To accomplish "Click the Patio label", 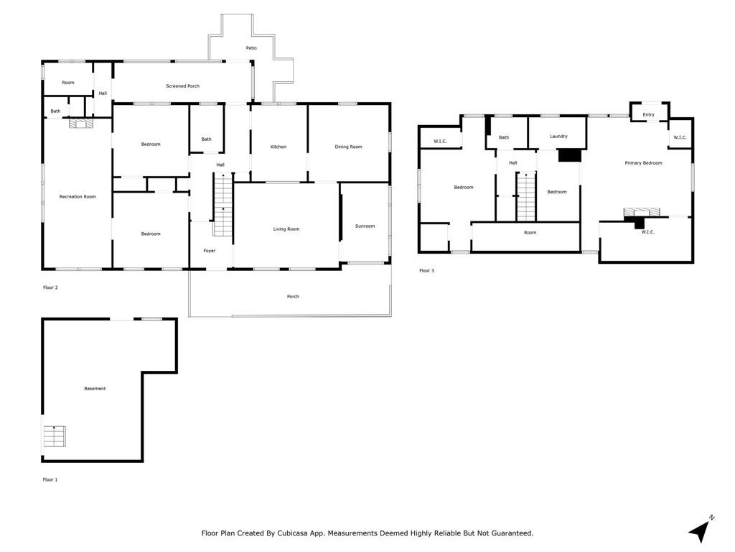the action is (251, 48).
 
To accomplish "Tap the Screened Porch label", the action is (183, 86).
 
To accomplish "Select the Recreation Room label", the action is (78, 197).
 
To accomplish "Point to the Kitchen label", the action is (278, 147).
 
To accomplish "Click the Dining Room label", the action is (348, 147).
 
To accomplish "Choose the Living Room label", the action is (286, 229).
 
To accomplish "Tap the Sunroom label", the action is (365, 226).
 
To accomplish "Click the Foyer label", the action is (209, 251).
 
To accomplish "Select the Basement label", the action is (95, 389).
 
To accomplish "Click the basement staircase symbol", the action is (55, 436).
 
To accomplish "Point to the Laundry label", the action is (558, 136).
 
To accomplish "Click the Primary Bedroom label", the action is (643, 163).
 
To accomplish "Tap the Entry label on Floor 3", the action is (648, 114).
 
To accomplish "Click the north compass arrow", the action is (701, 530).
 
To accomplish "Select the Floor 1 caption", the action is (50, 479).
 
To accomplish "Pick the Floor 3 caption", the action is (426, 271).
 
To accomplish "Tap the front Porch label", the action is (293, 297).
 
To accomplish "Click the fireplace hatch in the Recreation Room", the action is (80, 123).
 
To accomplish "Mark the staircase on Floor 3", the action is (526, 197).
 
